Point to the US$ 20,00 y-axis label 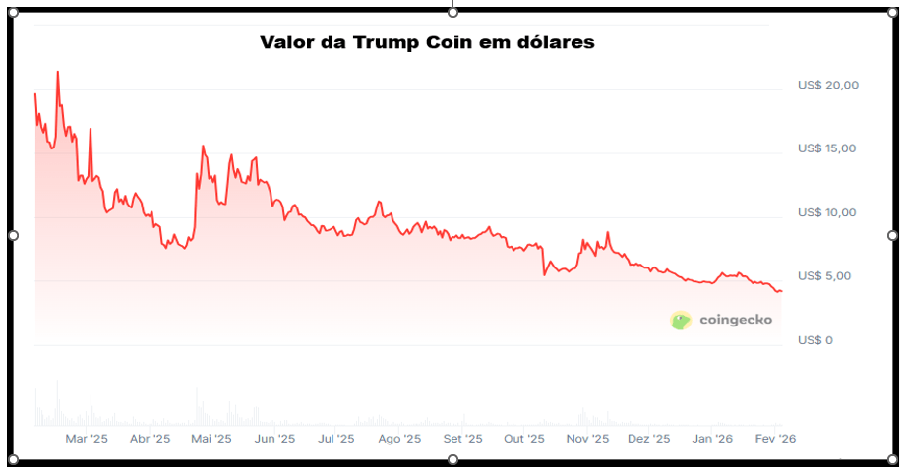click(x=827, y=86)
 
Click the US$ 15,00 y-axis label click(x=827, y=148)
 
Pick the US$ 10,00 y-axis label click(x=827, y=212)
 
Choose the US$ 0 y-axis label click(x=815, y=340)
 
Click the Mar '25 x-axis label click(x=87, y=439)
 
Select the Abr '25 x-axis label click(x=150, y=439)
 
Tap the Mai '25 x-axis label click(x=211, y=439)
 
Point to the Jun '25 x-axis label click(x=274, y=439)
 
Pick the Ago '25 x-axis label click(x=399, y=439)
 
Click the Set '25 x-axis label click(x=462, y=439)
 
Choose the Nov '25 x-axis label click(x=587, y=439)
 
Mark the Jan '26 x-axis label click(x=711, y=439)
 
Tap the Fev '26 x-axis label click(x=775, y=439)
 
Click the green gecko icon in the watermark click(x=681, y=320)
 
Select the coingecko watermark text click(x=736, y=320)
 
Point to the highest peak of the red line click(x=58, y=72)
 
